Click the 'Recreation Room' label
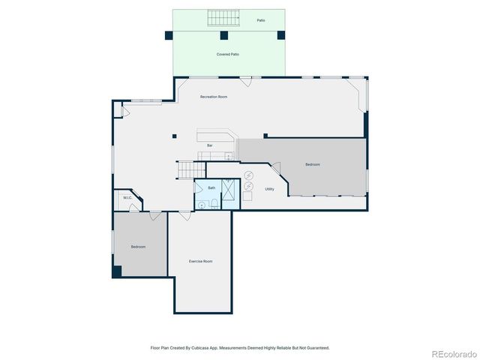coord(213,97)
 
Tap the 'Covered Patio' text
coord(228,55)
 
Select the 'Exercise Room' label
coord(200,261)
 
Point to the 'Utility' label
coord(269,189)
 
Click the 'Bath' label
coord(211,187)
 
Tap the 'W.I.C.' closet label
coord(127,199)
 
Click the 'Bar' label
coord(210,145)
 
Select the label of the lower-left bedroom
coord(138,247)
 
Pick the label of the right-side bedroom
coord(313,164)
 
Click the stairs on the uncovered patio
coord(223,18)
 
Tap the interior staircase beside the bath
coord(186,170)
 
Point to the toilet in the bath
coord(215,203)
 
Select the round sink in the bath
coord(201,202)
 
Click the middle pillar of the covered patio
coord(223,35)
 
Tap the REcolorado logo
coord(452,352)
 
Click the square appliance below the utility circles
coord(247,196)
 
